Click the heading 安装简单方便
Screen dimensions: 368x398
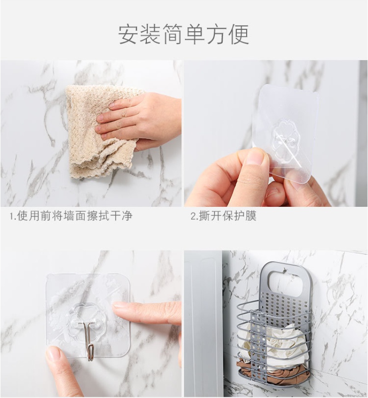(x=184, y=34)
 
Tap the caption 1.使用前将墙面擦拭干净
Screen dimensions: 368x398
(x=71, y=216)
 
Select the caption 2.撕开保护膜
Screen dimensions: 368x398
(x=224, y=216)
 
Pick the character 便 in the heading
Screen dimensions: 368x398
(x=239, y=34)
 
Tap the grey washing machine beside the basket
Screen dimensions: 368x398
(x=203, y=324)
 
